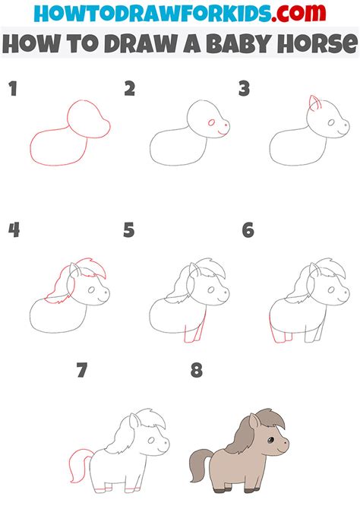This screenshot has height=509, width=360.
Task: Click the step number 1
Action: click(12, 90)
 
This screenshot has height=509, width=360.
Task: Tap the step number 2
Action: click(130, 90)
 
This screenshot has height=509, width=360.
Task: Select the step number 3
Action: click(245, 90)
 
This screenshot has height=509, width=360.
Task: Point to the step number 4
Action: click(13, 229)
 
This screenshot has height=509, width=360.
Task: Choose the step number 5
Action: click(129, 229)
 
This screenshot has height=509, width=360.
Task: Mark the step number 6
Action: click(248, 229)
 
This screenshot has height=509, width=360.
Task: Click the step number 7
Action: click(82, 371)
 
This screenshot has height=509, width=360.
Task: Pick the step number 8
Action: click(197, 371)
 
